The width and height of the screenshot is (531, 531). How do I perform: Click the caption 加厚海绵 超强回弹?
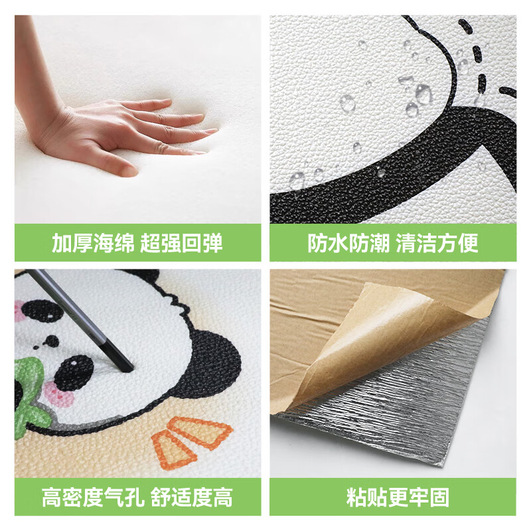tap(137, 243)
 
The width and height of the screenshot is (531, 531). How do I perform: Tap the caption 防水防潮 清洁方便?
tap(392, 243)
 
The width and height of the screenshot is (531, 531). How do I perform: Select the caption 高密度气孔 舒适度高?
tap(137, 496)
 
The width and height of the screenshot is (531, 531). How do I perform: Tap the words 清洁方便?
tap(437, 243)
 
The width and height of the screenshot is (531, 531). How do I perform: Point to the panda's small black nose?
tap(50, 342)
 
